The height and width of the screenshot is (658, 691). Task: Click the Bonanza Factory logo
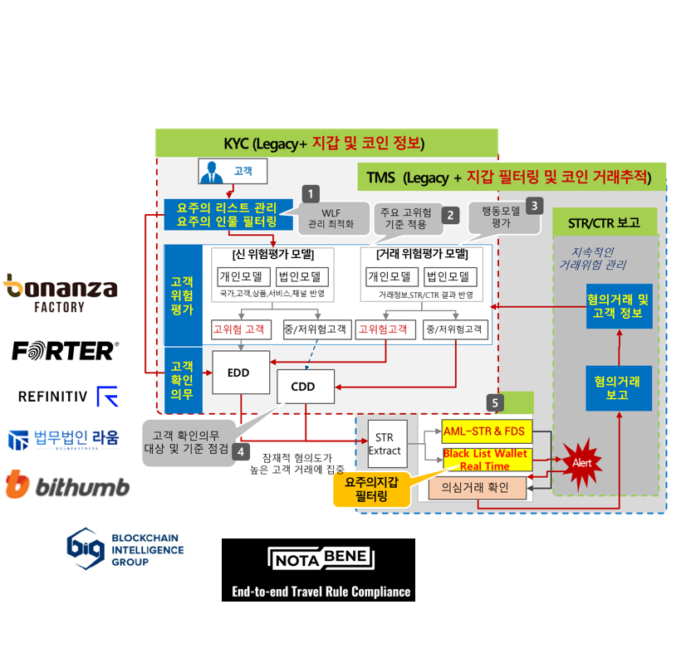(x=61, y=292)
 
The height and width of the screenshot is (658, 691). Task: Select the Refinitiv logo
(x=68, y=395)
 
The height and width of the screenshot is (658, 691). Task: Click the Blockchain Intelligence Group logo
(x=126, y=548)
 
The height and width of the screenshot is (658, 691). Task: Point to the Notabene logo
(x=321, y=558)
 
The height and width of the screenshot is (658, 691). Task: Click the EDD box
(x=241, y=373)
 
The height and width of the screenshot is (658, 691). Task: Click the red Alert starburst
(x=582, y=462)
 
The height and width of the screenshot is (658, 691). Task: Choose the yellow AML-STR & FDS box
(x=486, y=431)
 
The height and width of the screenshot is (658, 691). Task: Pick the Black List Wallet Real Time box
(x=485, y=460)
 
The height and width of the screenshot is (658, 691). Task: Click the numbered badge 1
(x=310, y=194)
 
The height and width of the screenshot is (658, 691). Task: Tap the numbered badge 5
(x=495, y=402)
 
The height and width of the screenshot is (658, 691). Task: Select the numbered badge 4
(x=240, y=451)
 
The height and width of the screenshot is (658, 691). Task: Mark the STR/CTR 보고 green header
(x=604, y=222)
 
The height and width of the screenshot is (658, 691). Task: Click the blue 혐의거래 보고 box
(x=618, y=387)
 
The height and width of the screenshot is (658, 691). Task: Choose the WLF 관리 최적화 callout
(x=331, y=217)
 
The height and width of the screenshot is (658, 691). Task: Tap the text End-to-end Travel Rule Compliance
(x=321, y=592)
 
